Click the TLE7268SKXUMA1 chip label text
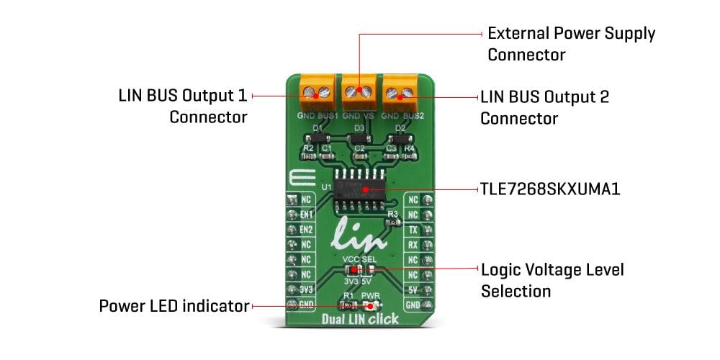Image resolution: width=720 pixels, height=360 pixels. pyautogui.click(x=550, y=190)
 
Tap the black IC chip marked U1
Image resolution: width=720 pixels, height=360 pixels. pyautogui.click(x=359, y=190)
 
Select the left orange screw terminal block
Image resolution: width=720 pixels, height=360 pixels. pyautogui.click(x=317, y=91)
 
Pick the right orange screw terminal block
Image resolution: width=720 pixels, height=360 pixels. pyautogui.click(x=400, y=91)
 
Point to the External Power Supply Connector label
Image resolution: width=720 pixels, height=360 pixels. pyautogui.click(x=571, y=44)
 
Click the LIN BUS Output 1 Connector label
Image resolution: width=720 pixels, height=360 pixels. pyautogui.click(x=183, y=106)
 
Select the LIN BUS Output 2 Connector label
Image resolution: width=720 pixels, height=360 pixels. pyautogui.click(x=544, y=107)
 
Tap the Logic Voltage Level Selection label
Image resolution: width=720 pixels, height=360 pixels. pyautogui.click(x=552, y=280)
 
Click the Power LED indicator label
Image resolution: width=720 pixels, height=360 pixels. pyautogui.click(x=174, y=307)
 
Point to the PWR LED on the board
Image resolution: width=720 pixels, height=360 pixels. pyautogui.click(x=372, y=306)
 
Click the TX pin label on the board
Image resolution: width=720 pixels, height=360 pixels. pyautogui.click(x=413, y=230)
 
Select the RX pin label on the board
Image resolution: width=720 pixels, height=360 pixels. pyautogui.click(x=413, y=245)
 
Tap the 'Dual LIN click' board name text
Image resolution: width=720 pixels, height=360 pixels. pyautogui.click(x=359, y=319)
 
